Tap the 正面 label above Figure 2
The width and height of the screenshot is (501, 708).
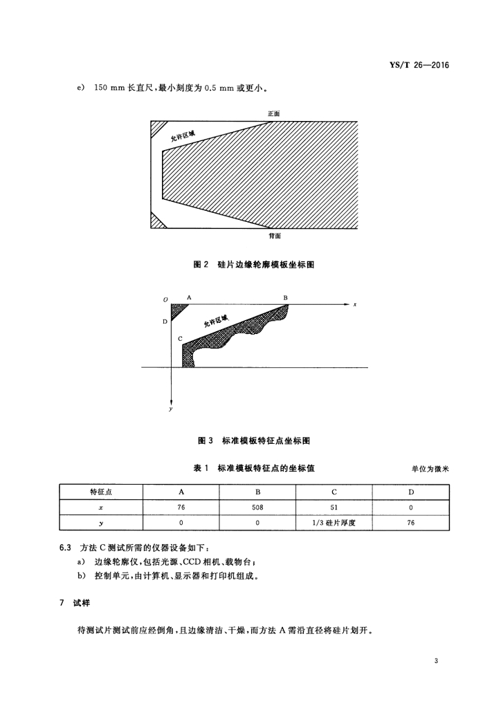275,113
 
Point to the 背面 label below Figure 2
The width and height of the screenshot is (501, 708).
275,236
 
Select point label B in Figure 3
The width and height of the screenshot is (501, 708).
285,297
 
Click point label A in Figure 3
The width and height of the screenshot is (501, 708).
189,297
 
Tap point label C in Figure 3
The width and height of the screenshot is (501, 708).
180,339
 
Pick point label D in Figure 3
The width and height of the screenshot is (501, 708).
165,322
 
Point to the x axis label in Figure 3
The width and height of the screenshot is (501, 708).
355,304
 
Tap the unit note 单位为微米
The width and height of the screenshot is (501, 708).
430,469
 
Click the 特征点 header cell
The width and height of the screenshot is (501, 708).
102,492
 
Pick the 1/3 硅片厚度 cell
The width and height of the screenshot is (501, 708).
334,523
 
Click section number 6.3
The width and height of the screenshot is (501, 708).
65,548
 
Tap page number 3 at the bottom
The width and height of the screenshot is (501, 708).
436,661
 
